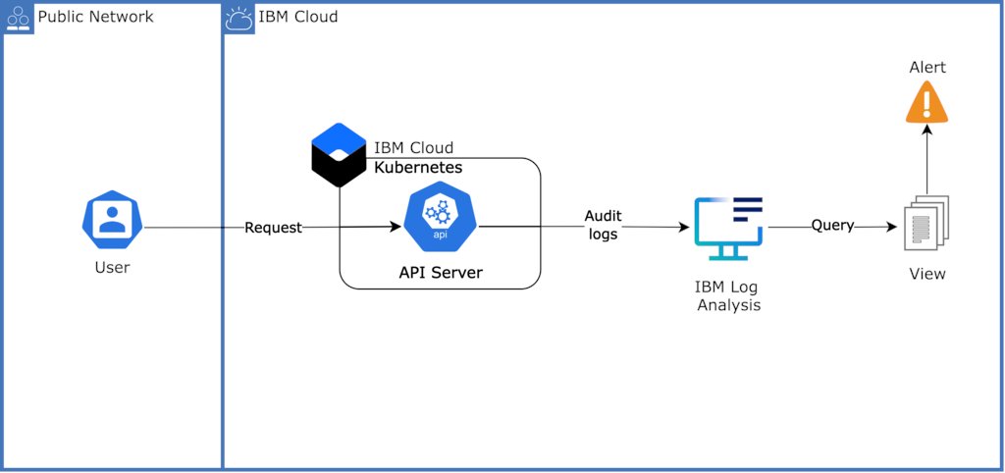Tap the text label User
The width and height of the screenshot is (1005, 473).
[112, 267]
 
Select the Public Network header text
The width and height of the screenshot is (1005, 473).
[95, 17]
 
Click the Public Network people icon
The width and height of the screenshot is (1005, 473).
[19, 18]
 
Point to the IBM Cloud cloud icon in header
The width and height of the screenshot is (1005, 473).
[239, 18]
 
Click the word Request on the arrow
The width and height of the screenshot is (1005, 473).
[273, 228]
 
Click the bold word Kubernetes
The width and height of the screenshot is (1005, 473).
[418, 168]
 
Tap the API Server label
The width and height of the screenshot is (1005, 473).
[440, 273]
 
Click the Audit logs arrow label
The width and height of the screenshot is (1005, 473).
[603, 225]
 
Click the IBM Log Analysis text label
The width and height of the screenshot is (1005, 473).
[727, 295]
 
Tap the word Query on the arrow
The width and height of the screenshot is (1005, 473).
[832, 226]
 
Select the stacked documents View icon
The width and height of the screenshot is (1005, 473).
[926, 223]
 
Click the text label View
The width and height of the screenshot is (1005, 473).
[926, 274]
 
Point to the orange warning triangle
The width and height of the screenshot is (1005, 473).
[926, 101]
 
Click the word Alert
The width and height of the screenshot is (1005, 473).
[926, 67]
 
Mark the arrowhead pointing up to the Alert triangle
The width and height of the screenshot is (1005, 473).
[926, 131]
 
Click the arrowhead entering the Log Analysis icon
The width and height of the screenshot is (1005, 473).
[683, 228]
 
